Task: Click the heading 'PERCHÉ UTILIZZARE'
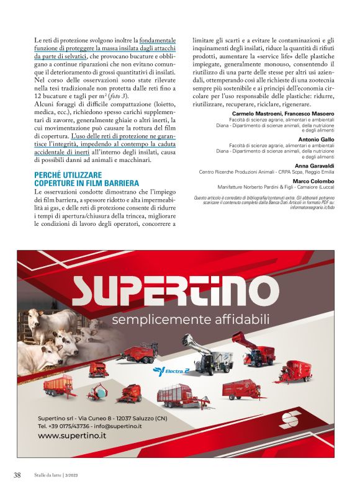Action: (x=65, y=176)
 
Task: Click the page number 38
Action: (x=17, y=475)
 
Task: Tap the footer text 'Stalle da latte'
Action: (x=48, y=475)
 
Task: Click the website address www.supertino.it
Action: (x=72, y=436)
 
